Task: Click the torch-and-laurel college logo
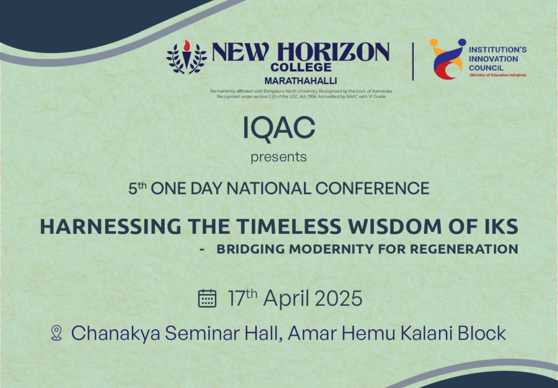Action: coord(186,57)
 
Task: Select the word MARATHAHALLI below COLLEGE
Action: coord(301,81)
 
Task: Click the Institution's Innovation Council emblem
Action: coord(447,59)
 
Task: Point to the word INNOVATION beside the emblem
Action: coord(493,59)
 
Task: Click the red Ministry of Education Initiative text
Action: coord(498,75)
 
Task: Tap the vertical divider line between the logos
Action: coord(413,62)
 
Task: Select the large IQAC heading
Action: coord(279,128)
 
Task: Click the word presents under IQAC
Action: coord(278,157)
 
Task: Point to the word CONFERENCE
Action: coord(372,189)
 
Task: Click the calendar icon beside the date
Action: coord(207,298)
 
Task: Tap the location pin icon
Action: coord(56,333)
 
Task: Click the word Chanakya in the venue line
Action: coord(116,334)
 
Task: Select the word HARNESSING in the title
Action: coord(111,227)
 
